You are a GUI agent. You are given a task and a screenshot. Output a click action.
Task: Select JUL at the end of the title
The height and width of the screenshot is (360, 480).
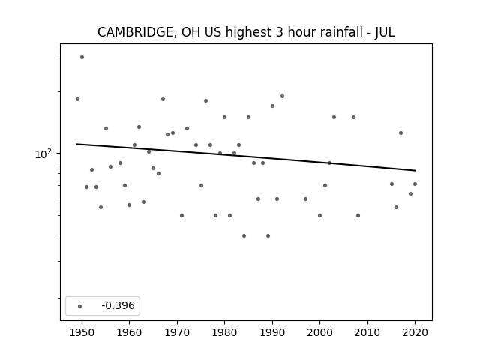[x=385, y=32]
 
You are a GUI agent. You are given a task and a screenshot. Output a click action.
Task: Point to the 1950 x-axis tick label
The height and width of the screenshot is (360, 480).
[x=82, y=332]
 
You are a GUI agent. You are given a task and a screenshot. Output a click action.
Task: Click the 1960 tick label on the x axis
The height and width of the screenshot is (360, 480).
[x=129, y=332]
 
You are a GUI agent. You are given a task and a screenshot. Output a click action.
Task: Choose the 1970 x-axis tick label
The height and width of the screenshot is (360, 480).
[x=177, y=332]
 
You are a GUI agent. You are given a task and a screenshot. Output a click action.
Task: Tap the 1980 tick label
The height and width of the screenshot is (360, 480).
[x=224, y=332]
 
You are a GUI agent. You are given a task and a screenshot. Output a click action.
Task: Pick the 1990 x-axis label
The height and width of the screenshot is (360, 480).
[x=272, y=332]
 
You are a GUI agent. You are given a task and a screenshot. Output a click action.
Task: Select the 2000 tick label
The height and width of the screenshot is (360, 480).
[x=319, y=332]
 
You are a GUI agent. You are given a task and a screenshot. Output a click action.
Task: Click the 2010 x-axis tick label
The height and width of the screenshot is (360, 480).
[x=367, y=332]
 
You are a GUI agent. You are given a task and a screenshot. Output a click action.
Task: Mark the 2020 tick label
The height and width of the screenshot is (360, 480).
[x=415, y=332]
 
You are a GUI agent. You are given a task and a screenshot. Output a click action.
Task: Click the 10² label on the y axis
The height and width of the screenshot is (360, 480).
[x=43, y=154]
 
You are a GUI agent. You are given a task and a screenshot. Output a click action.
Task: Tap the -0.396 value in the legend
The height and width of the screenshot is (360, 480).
[x=118, y=305]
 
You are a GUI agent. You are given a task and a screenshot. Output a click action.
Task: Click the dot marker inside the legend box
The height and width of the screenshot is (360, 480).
[x=79, y=306]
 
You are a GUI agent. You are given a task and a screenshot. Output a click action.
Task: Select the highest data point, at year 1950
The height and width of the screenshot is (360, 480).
[x=82, y=57]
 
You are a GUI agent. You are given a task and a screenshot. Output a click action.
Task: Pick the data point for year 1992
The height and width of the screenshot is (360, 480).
[x=282, y=95]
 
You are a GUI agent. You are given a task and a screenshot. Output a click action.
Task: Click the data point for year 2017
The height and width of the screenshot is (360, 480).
[x=400, y=133]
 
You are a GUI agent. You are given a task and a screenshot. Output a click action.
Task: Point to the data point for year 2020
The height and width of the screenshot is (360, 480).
[x=415, y=184]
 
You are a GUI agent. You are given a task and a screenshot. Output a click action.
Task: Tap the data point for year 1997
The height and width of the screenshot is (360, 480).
[x=305, y=199]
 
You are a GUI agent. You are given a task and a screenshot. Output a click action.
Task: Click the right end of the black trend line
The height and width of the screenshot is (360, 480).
[x=415, y=170]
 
